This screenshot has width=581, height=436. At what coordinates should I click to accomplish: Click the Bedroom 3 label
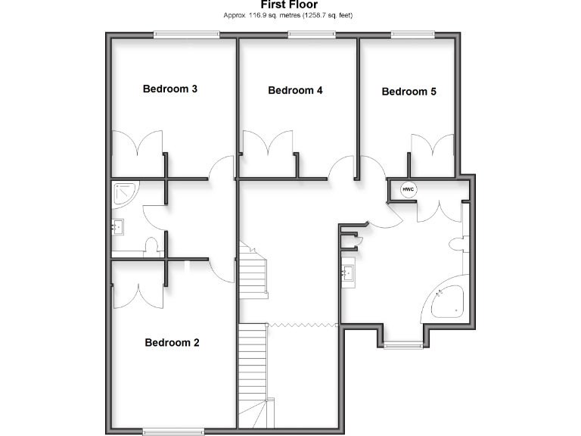170,89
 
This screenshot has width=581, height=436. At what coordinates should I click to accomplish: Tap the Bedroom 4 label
296,90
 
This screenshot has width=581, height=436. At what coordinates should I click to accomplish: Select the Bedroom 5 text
409,92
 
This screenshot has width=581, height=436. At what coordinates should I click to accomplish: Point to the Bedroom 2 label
172,342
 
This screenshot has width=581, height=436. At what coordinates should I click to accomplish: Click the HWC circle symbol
408,189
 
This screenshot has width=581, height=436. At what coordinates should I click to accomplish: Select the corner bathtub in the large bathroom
448,301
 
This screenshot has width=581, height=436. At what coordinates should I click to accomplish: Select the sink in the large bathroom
349,272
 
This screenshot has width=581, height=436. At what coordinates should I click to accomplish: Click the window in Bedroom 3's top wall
186,34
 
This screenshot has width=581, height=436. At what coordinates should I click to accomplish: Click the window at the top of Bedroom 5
412,34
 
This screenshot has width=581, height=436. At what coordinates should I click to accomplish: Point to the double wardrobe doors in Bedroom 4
266,144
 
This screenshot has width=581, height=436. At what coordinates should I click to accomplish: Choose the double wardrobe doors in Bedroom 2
137,295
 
